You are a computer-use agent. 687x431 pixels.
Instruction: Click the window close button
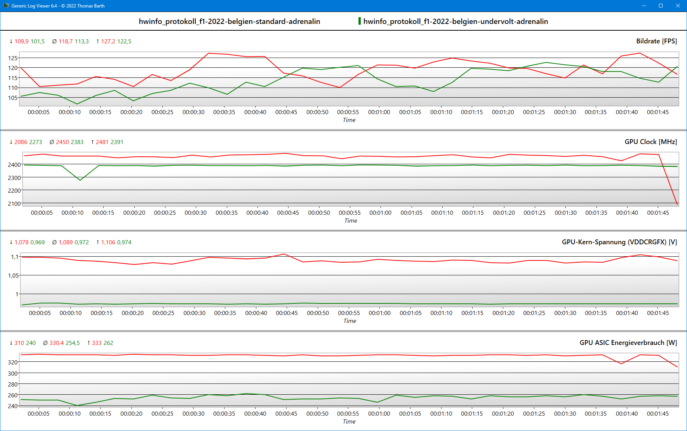(678, 6)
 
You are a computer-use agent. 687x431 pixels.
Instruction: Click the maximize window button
(661, 6)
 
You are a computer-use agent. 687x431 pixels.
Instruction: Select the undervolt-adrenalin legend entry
(455, 21)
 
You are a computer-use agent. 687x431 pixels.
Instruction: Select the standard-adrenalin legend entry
(229, 21)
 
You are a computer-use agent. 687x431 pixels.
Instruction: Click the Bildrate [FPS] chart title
(656, 41)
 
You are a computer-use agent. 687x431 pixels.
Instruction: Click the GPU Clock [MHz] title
(650, 142)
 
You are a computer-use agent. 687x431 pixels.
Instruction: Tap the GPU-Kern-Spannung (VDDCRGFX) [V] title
(619, 242)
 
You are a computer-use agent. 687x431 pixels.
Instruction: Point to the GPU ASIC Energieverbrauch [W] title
(628, 343)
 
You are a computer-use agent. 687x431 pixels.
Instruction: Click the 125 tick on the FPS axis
(13, 58)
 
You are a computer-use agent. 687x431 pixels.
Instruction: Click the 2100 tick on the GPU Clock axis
(14, 204)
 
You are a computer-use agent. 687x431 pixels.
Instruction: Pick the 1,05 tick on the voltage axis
(13, 275)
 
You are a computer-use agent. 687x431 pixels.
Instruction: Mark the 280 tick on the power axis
(13, 384)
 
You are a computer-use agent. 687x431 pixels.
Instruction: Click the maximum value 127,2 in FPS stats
(108, 42)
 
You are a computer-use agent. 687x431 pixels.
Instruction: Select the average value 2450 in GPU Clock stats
(62, 142)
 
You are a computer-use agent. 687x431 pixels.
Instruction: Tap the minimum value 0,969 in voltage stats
(37, 242)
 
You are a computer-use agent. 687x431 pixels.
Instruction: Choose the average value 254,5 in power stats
(73, 343)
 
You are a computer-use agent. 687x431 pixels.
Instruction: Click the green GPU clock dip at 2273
(80, 180)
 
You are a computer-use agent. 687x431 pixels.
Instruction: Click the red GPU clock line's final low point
(677, 204)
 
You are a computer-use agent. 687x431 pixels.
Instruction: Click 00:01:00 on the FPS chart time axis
(379, 112)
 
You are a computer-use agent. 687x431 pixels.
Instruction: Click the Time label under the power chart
(349, 422)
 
